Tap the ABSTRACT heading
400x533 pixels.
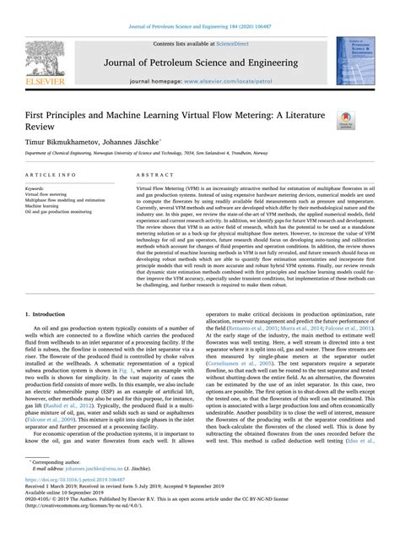pos(150,176)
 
